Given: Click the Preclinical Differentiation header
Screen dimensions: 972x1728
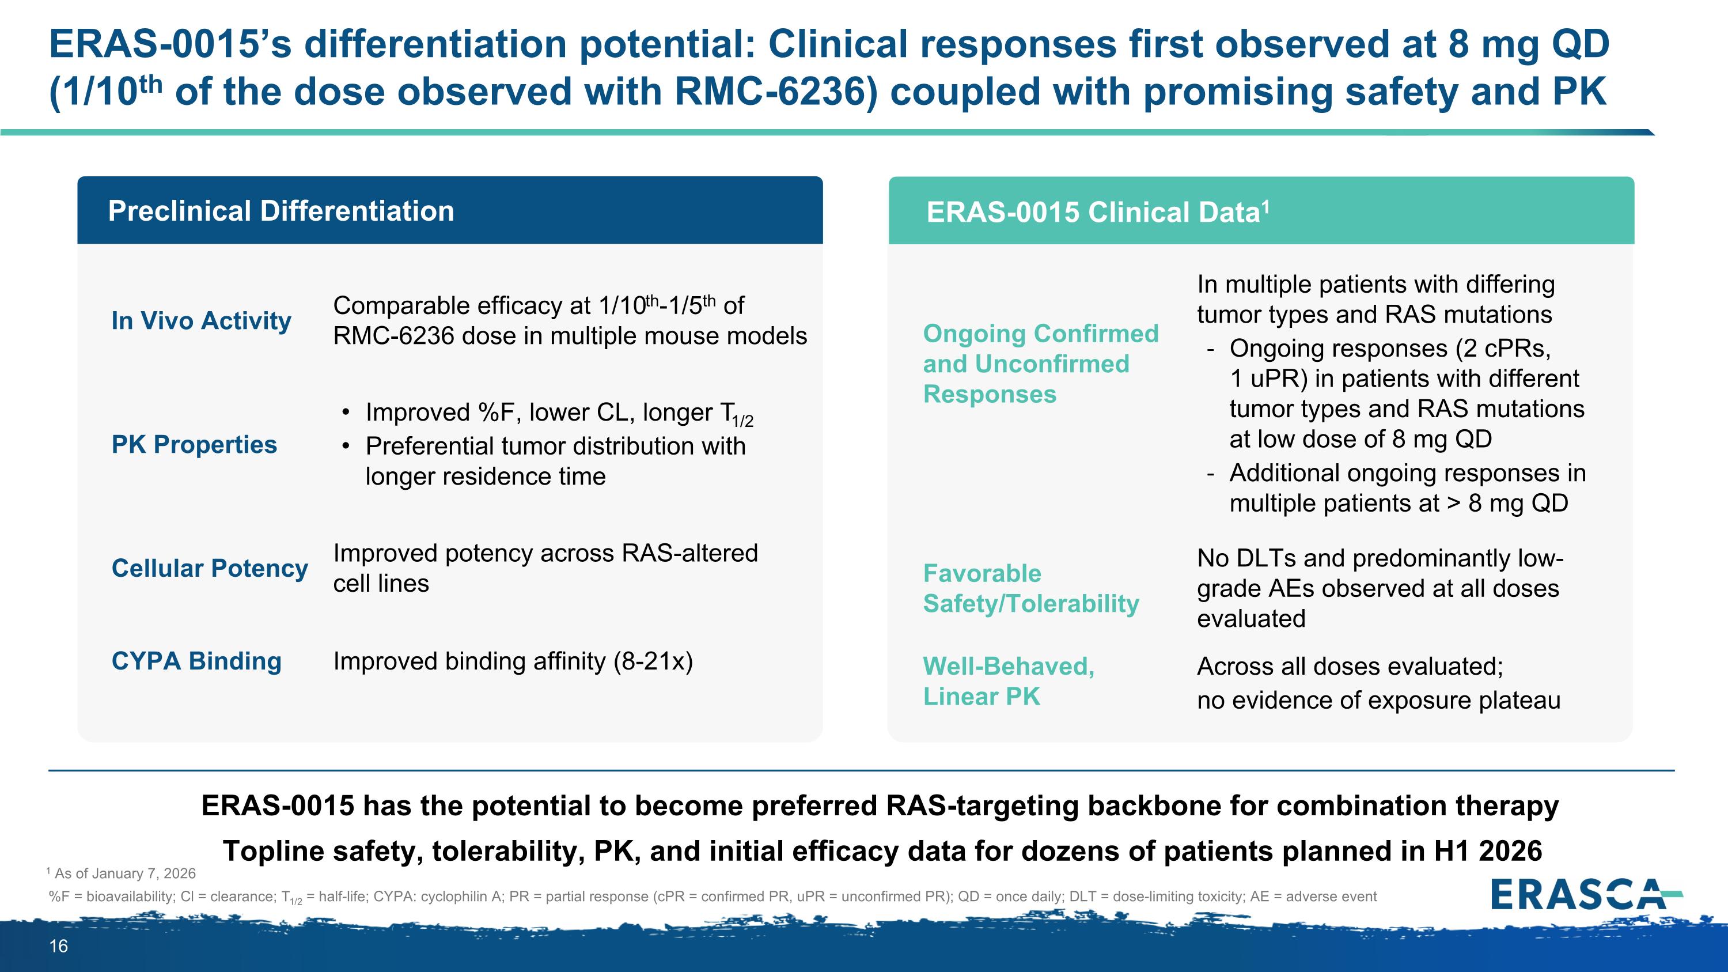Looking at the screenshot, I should [281, 211].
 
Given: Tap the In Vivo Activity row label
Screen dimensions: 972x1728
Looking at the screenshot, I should [201, 321].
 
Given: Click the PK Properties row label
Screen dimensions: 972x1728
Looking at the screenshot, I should [194, 445].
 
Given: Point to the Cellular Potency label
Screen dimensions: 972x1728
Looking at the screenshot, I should [209, 568].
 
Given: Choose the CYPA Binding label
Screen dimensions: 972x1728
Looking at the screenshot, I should [196, 661].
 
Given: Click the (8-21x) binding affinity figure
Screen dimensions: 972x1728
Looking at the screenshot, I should [653, 661].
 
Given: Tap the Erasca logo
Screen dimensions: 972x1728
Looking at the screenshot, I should [1585, 894].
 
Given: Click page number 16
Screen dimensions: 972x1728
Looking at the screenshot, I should [58, 947].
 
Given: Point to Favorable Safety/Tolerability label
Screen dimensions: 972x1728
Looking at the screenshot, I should [1030, 589].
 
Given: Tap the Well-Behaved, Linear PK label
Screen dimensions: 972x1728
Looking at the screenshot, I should [1008, 682].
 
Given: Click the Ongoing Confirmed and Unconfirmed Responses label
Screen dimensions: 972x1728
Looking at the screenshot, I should [1040, 364].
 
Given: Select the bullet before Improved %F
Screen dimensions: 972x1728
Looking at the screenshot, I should [346, 413].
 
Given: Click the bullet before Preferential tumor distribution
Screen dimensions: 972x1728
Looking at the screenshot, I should [346, 446].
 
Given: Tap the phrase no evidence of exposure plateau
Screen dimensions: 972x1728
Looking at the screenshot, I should [1378, 700].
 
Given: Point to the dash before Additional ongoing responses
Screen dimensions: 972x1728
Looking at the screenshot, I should [1210, 474].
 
